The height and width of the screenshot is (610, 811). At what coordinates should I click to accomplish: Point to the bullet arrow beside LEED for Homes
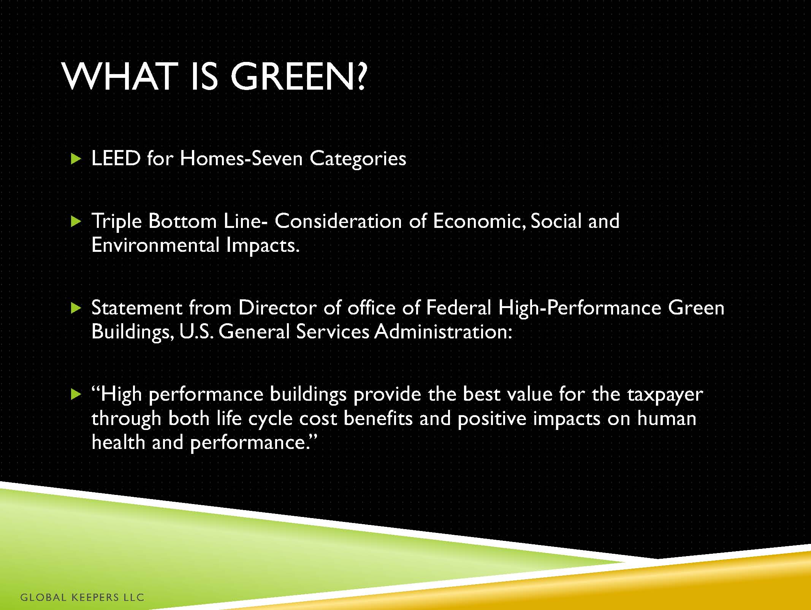[x=76, y=159]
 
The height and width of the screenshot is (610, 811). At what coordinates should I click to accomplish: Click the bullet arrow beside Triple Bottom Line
[x=76, y=221]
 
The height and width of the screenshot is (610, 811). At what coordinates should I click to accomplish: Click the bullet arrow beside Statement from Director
[x=76, y=308]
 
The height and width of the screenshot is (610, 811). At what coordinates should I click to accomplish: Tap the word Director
[x=277, y=308]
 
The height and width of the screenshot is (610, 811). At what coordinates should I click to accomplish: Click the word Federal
[x=459, y=308]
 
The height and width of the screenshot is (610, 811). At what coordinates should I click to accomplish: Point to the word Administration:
[x=444, y=332]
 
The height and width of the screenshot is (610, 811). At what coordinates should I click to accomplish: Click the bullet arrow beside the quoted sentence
[x=76, y=395]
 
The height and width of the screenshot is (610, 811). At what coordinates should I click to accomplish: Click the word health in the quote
[x=119, y=442]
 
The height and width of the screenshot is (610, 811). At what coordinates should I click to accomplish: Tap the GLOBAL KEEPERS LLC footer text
[x=82, y=597]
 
